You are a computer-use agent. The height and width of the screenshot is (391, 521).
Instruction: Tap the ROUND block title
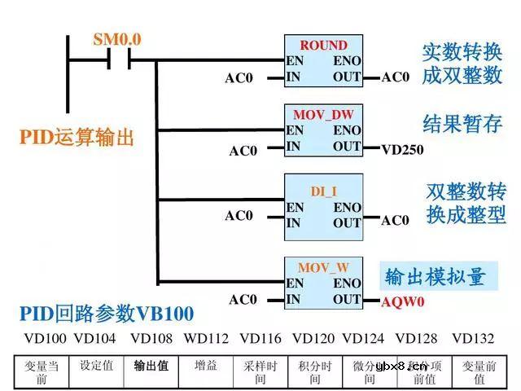322,46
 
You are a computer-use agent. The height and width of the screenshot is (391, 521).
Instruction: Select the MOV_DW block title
322,115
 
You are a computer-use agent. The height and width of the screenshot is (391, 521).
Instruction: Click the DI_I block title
323,191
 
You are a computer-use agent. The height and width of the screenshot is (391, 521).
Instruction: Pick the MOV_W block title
323,267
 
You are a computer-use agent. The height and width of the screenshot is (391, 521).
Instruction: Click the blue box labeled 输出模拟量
435,277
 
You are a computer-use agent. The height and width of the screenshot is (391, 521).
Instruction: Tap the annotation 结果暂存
462,124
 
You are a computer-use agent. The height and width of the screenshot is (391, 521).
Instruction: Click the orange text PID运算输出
77,137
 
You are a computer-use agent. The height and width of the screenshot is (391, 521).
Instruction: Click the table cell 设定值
96,366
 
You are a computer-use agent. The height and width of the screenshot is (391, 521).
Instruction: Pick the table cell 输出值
151,366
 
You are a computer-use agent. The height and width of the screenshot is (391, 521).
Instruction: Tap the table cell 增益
206,366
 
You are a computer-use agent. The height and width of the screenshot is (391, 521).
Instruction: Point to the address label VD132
473,338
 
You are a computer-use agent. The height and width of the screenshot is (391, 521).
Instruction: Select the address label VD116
260,338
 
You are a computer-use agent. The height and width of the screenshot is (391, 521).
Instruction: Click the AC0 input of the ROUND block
239,78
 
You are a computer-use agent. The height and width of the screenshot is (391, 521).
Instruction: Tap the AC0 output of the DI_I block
396,220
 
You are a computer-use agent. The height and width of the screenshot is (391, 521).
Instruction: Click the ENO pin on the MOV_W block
348,283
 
